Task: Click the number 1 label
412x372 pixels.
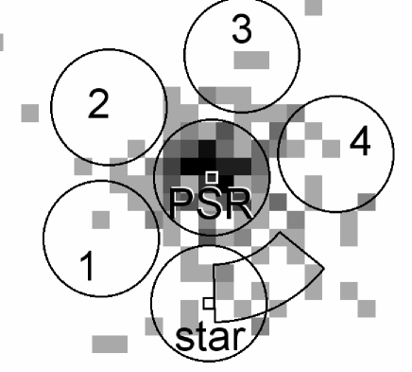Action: [x=86, y=267]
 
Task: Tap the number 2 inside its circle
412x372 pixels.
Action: [x=98, y=105]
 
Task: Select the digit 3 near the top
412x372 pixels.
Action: [x=243, y=29]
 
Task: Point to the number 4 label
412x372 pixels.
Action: [x=358, y=143]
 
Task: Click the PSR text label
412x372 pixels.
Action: [x=210, y=203]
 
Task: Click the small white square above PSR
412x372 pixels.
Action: [x=213, y=177]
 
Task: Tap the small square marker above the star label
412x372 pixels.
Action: [x=208, y=302]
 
